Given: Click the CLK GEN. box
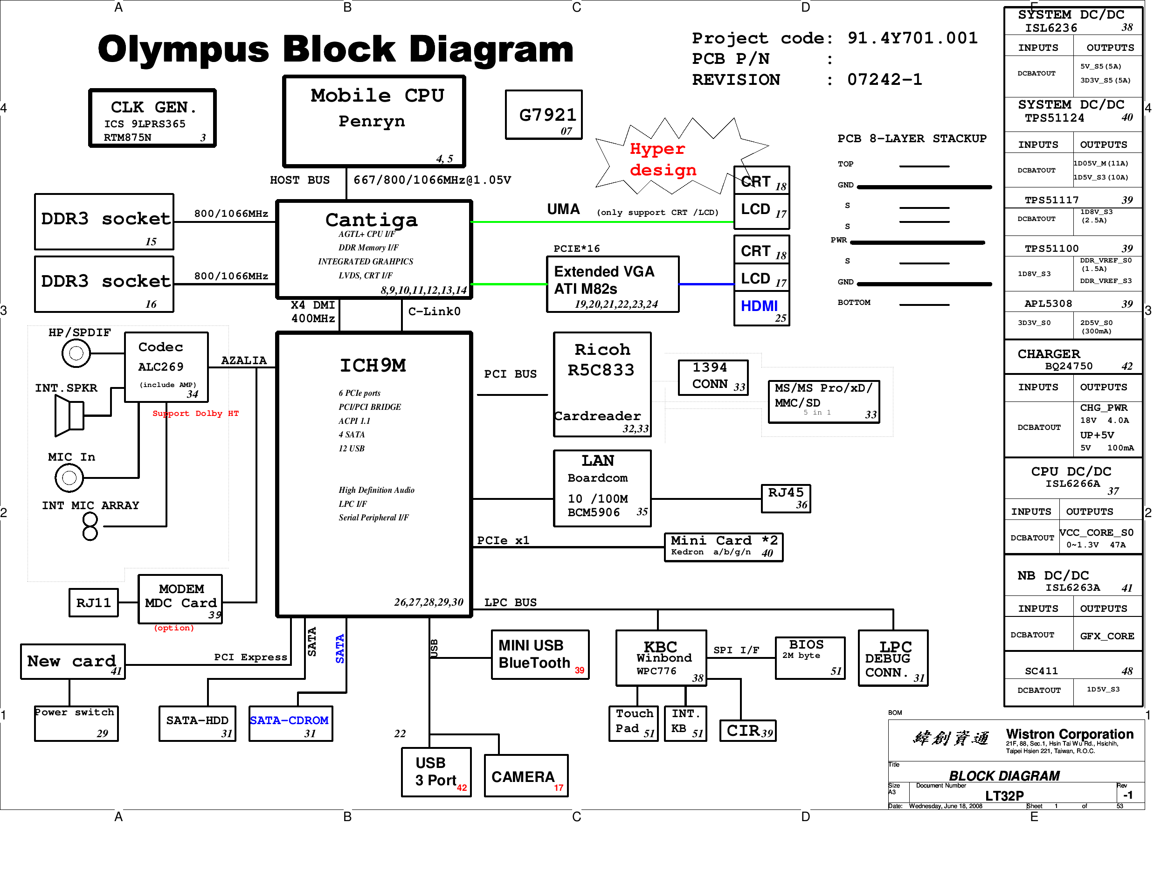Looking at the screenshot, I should point(152,118).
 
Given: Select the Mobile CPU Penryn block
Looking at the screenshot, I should point(374,121).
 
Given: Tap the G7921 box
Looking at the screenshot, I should point(543,115).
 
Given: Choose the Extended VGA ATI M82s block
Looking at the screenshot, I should point(612,284).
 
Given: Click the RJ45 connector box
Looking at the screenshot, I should point(785,498).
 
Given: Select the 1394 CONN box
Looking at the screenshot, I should point(713,377).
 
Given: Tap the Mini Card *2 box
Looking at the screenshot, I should point(723,546).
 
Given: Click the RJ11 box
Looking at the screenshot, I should point(94,602).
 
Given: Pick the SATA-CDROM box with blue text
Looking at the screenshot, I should point(290,723).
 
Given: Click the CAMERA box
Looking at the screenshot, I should point(526,775).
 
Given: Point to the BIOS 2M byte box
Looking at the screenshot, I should point(809,657).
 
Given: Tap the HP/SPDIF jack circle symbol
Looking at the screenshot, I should point(76,353).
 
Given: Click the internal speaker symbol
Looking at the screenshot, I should point(69,415).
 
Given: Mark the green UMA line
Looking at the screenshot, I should point(602,222).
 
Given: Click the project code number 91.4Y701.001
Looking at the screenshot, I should point(912,38).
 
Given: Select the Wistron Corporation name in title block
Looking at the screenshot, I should point(1069,734).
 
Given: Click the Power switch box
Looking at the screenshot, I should point(76,723).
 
